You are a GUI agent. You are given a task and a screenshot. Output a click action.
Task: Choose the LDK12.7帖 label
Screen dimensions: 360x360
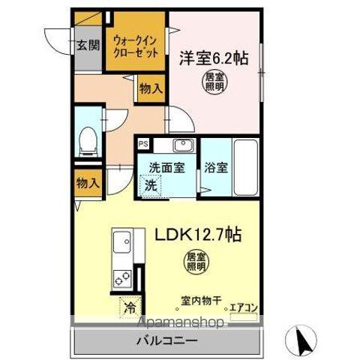point(198,234)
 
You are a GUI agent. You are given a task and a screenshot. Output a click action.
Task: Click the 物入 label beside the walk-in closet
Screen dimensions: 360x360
point(150,88)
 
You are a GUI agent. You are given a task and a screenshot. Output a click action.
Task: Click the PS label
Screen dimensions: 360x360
point(142,142)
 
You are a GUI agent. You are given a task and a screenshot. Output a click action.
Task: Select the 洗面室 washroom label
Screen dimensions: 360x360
point(166,168)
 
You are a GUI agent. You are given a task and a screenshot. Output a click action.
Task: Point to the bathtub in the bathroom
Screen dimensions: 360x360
point(246,167)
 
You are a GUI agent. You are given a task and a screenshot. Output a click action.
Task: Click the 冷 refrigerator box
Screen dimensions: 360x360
point(130,307)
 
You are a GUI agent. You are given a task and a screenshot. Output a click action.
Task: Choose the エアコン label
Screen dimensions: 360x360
point(244,306)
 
